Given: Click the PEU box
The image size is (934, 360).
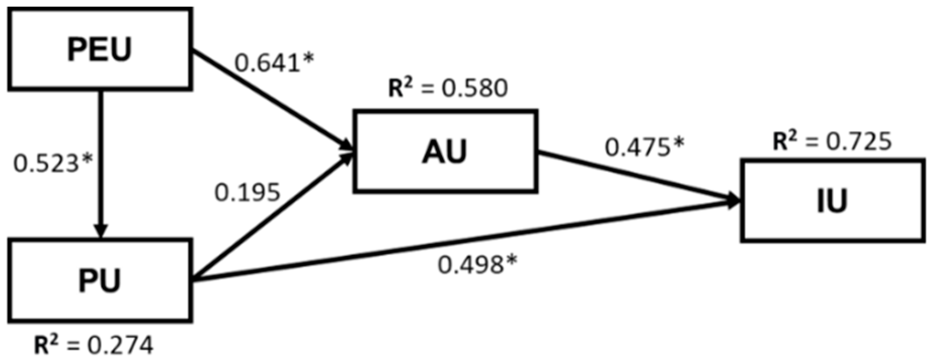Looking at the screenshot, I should pos(100,49).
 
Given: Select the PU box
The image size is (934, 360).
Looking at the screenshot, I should pos(100,280).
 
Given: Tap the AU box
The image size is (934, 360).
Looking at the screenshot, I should pos(445,151).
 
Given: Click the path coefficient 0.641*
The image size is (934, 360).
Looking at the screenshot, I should pos(274,63).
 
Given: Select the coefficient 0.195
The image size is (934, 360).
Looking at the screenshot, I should pos(247,192).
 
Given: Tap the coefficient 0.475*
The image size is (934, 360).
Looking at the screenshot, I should pos(644,147).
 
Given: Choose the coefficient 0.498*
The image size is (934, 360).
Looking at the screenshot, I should pos(478,264).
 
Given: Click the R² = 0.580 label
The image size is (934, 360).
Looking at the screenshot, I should pos(448,88).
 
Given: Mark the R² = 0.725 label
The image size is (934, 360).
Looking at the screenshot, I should pos(832,141).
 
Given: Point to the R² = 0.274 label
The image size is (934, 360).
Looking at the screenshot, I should pos(93,345).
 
